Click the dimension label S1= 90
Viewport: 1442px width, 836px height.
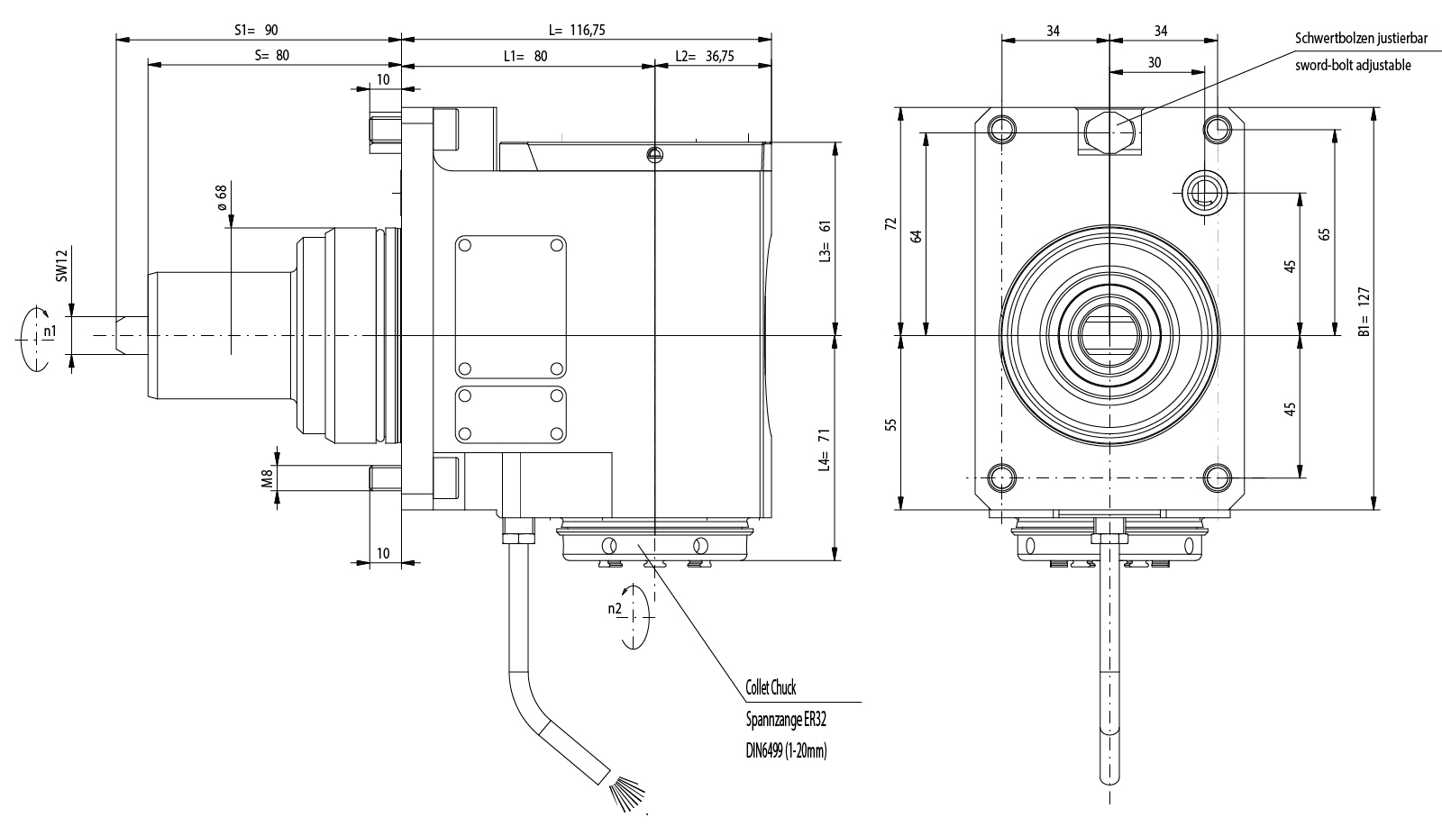coord(257,30)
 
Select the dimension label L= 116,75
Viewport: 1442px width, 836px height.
coord(577,30)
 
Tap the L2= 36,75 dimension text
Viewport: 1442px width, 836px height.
coord(705,56)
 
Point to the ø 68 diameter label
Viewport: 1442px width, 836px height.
coord(220,197)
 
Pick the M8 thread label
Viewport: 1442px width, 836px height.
coord(268,477)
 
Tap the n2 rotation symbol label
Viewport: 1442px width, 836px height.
coord(615,608)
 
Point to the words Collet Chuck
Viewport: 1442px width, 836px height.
coord(771,688)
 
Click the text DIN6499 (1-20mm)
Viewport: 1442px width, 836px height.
coord(786,750)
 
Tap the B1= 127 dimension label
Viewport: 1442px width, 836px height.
coord(1364,312)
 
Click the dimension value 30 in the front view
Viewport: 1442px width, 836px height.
coord(1155,62)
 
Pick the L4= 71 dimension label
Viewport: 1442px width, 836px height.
coord(823,450)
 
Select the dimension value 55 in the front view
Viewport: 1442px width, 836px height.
coord(890,423)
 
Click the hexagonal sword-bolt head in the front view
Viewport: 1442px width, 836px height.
coord(1109,132)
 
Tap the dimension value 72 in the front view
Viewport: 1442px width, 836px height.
coord(890,223)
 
